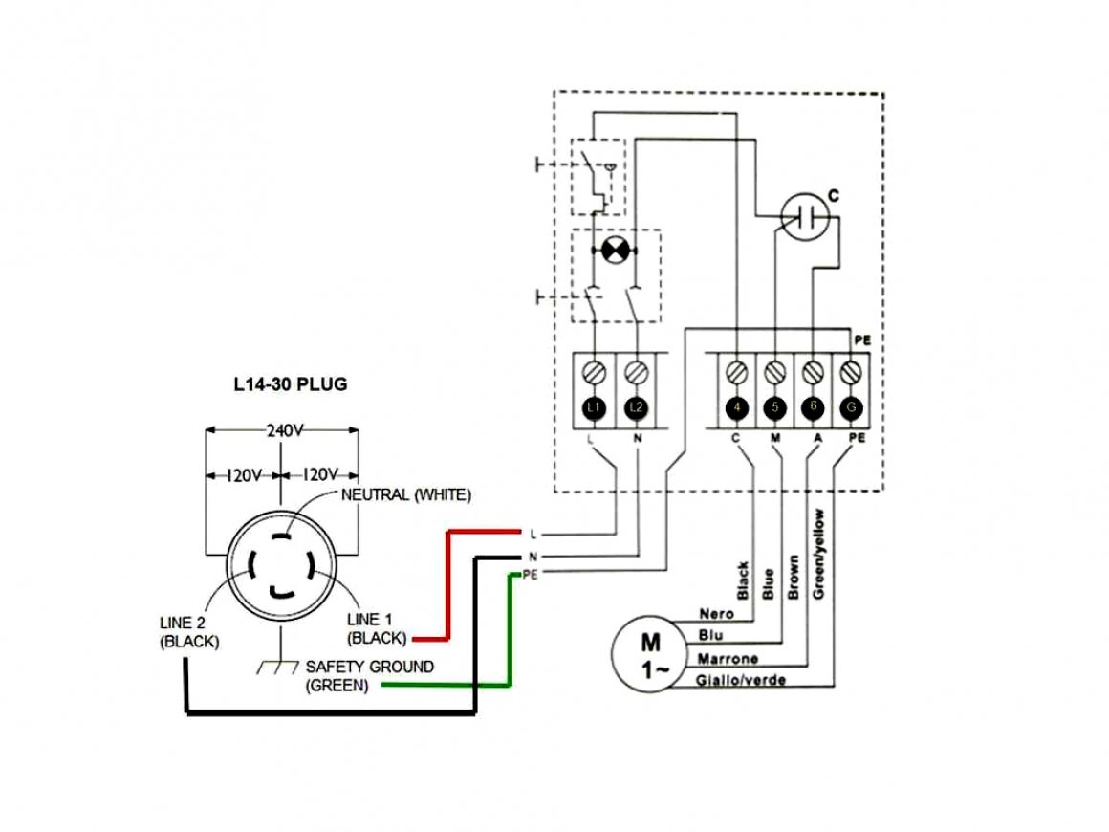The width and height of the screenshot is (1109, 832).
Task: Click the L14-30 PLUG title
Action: (x=291, y=385)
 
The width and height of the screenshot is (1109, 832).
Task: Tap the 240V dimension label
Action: (x=284, y=431)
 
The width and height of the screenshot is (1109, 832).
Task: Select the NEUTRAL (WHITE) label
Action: (x=406, y=494)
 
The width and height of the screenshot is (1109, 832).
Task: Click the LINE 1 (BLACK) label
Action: (x=377, y=628)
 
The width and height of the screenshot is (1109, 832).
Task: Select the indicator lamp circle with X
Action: (x=614, y=251)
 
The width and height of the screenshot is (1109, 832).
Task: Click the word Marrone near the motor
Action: (x=728, y=659)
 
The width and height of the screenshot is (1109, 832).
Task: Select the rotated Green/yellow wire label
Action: (x=819, y=555)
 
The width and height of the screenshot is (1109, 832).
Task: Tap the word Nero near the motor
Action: (x=716, y=613)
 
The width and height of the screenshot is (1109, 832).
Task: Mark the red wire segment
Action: (x=447, y=583)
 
